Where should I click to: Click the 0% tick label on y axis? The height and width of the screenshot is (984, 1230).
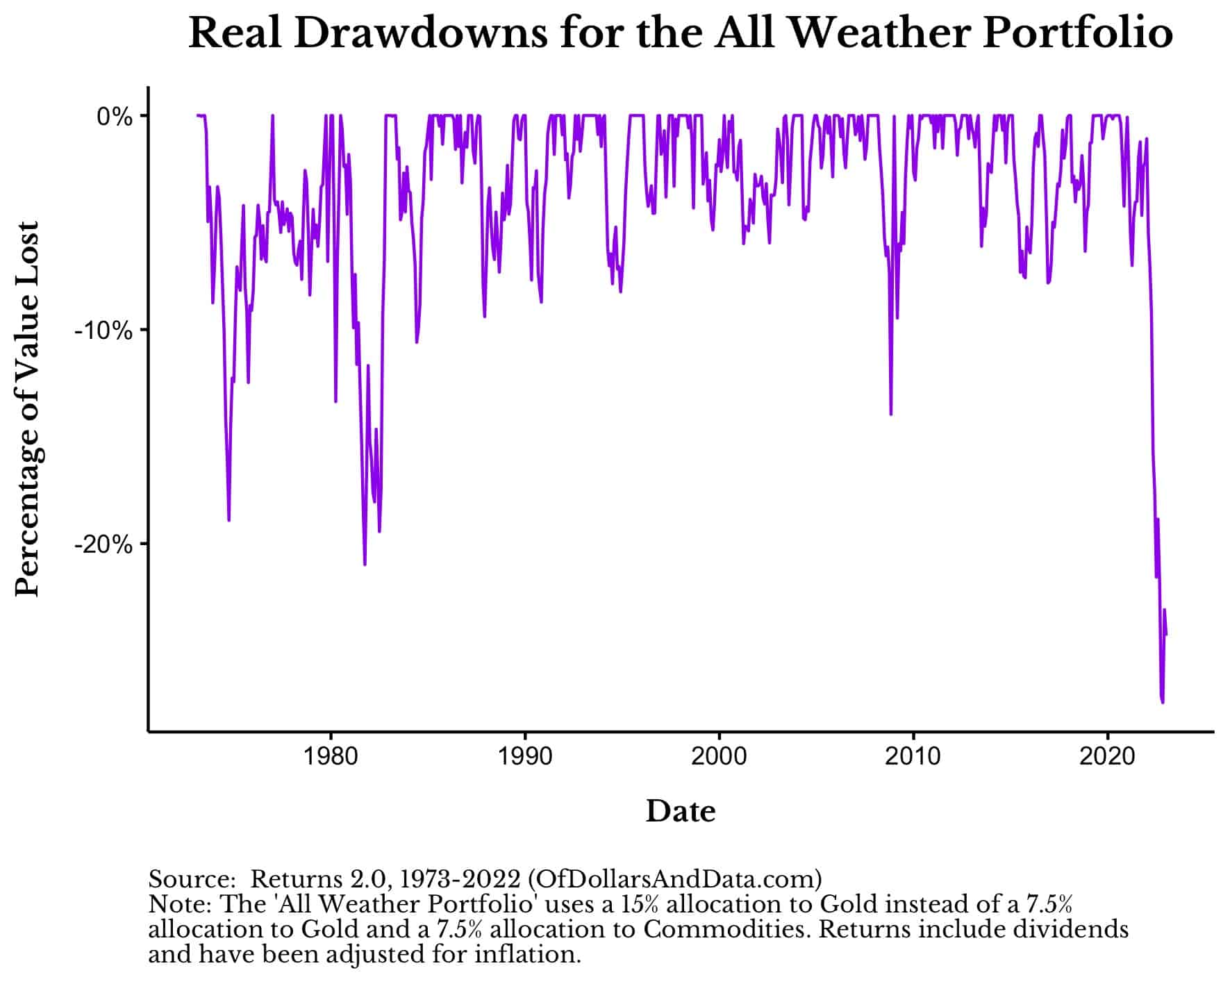(114, 117)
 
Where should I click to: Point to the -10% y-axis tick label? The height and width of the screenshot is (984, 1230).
(103, 331)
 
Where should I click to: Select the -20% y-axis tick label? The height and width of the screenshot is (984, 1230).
(103, 544)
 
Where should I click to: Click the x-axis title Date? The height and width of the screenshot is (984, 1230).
(680, 811)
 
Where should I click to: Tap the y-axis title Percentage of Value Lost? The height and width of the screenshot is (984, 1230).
(28, 410)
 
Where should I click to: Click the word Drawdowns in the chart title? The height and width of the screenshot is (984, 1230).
(421, 33)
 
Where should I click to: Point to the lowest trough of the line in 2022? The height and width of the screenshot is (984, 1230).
(1163, 702)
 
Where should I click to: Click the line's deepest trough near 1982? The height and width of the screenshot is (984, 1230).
(365, 565)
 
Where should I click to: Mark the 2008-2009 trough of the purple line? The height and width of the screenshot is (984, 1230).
(891, 415)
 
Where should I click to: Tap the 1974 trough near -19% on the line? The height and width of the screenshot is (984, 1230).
(228, 520)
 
